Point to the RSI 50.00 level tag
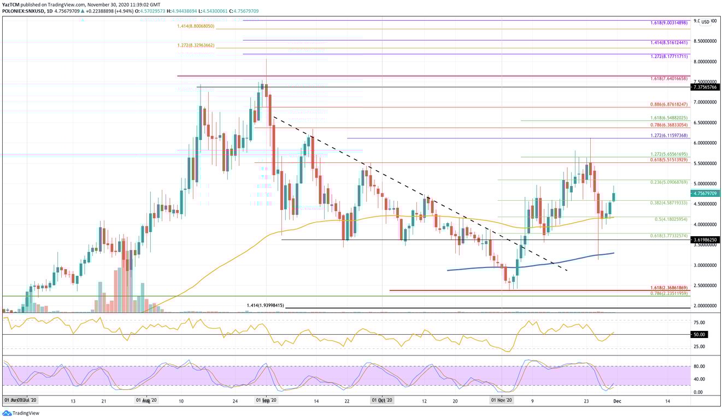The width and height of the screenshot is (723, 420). pos(700,334)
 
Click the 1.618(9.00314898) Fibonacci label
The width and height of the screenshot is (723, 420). pos(670,23)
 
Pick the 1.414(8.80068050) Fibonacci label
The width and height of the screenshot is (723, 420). pos(196,26)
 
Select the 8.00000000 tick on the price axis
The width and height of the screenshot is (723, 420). pos(704,62)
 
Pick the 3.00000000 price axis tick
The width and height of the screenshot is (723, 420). pos(704,265)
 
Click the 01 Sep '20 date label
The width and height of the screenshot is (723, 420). pos(266,401)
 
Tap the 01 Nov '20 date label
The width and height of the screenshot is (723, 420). pos(501,401)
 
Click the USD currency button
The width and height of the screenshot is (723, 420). pos(706,22)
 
